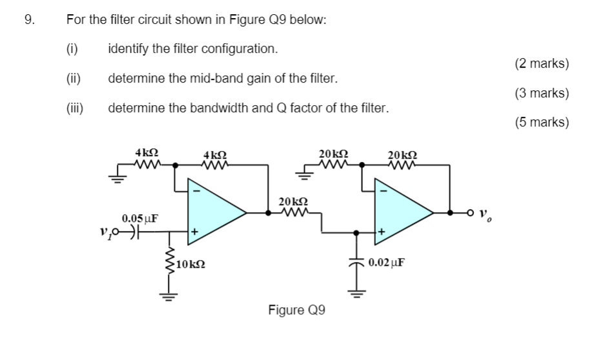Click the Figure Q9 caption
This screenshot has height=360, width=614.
point(296,310)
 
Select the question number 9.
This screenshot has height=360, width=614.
point(29,19)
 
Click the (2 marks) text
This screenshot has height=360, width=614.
point(542,63)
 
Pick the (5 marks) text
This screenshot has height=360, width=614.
point(542,122)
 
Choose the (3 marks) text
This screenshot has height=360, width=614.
point(542,93)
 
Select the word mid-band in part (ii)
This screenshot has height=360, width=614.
point(214,79)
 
